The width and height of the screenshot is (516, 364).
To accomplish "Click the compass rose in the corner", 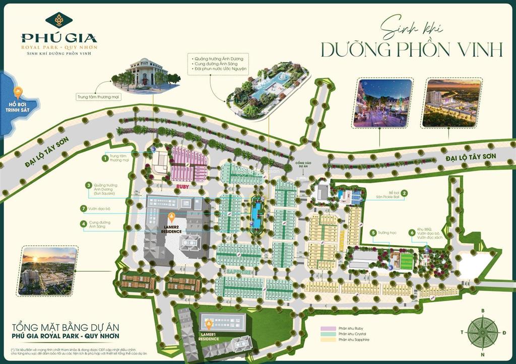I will click(483, 332).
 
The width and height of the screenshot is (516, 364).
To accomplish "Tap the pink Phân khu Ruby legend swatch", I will click(328, 329).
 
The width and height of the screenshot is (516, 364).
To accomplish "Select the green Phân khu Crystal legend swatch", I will click(328, 334).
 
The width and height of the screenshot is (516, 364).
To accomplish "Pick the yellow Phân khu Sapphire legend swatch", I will click(328, 340).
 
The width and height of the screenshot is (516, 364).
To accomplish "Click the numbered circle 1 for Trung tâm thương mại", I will click(105, 158).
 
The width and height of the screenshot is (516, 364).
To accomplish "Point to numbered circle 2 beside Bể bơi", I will click(404, 192).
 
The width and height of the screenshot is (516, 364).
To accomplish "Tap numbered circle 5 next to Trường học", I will click(373, 233).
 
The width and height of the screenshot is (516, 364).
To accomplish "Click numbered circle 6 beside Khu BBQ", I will click(412, 233).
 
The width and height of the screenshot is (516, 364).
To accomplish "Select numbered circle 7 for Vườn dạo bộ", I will click(84, 208).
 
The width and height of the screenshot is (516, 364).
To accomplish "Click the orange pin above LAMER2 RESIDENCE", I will click(171, 217).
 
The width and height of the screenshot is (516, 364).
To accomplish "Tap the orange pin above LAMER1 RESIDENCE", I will click(208, 322).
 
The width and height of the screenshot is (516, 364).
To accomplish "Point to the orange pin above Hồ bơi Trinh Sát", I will click(18, 93).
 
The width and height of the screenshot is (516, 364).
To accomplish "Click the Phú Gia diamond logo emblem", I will click(58, 20).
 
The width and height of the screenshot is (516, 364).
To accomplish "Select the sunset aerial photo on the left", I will click(48, 271).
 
